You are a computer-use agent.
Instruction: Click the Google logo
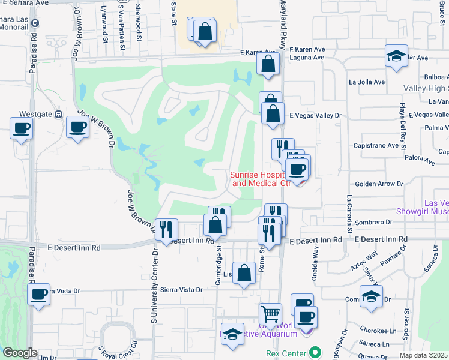(x=20, y=353)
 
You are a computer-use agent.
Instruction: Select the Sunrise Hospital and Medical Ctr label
(x=261, y=179)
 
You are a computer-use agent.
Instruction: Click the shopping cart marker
(x=271, y=313)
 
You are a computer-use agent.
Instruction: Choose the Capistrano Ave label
(x=376, y=145)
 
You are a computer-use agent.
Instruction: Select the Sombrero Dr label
(x=378, y=222)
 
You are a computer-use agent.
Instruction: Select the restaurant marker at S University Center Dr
(x=166, y=229)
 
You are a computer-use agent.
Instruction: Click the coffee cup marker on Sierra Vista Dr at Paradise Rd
(x=39, y=295)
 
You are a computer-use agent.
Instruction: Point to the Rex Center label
(x=286, y=353)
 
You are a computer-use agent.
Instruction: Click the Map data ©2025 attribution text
(x=424, y=355)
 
